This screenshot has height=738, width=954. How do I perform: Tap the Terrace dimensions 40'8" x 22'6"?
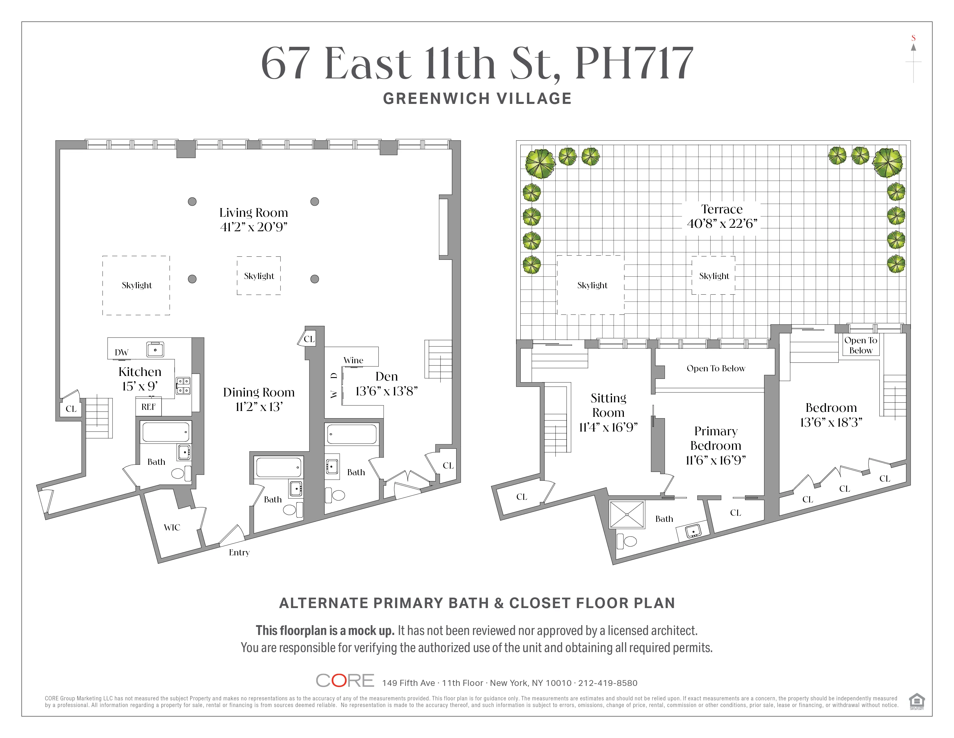[722, 224]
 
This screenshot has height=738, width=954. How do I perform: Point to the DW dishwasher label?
[121, 353]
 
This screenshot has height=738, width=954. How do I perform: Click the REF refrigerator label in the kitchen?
[149, 407]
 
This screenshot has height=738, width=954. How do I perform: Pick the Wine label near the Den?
[353, 361]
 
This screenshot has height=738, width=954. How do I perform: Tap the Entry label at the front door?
[239, 552]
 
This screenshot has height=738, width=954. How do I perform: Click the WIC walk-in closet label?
[172, 528]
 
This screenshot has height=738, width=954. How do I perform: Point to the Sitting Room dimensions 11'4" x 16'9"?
[608, 427]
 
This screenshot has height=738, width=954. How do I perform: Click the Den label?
[387, 377]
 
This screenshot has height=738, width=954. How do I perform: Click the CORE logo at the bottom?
[345, 681]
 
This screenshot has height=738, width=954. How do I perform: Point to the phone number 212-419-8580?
[608, 683]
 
